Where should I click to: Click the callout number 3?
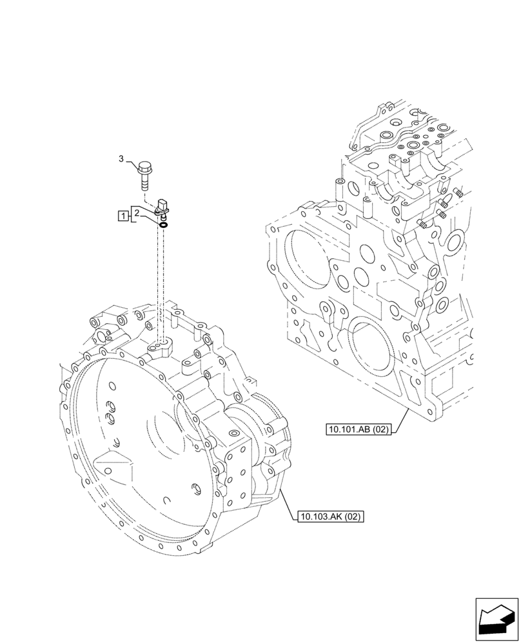coord(121,159)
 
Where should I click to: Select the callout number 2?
coord(137,212)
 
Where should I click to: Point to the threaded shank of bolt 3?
coord(144,184)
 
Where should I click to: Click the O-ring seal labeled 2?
coord(164,225)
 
